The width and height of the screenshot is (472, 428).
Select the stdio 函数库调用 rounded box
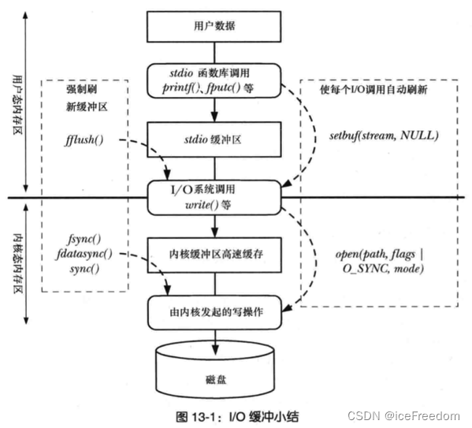[214, 80]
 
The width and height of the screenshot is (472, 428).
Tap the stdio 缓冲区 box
[214, 142]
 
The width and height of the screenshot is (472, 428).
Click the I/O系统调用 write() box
[214, 197]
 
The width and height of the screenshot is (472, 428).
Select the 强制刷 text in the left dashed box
[81, 91]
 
